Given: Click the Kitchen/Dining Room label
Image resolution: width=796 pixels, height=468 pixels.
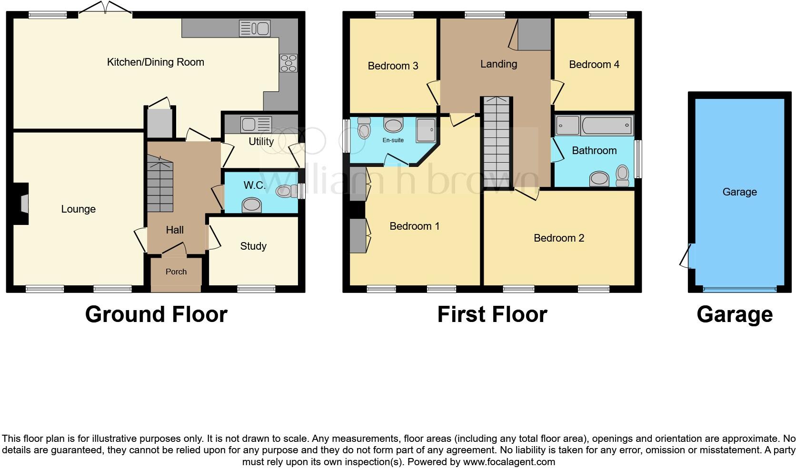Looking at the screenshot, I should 155,62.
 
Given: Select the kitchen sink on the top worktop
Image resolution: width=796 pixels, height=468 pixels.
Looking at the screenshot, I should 255,29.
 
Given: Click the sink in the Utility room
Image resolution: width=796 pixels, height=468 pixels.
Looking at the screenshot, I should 256,125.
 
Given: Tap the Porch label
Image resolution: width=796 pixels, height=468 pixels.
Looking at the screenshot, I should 176,272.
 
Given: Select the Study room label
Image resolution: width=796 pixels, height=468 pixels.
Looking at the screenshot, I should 253,246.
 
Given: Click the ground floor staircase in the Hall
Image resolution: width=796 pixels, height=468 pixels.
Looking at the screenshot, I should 160,185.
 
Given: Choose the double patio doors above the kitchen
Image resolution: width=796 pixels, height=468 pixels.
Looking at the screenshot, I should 105,8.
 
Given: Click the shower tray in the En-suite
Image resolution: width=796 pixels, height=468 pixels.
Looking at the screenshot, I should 426,129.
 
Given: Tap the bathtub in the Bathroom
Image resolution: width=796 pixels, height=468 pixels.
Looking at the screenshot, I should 607,126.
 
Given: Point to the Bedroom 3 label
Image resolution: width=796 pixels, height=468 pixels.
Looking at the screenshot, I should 393,66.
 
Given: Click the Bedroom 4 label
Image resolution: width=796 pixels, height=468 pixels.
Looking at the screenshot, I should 594,65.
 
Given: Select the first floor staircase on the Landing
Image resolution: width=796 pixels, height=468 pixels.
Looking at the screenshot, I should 497,143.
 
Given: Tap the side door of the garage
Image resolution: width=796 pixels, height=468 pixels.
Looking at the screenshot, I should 687,256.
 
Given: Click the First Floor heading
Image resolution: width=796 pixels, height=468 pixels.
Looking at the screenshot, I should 492,315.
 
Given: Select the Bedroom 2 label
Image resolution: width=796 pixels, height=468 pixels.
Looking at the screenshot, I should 558,238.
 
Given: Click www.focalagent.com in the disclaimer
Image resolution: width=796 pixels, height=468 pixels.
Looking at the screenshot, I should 509,462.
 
